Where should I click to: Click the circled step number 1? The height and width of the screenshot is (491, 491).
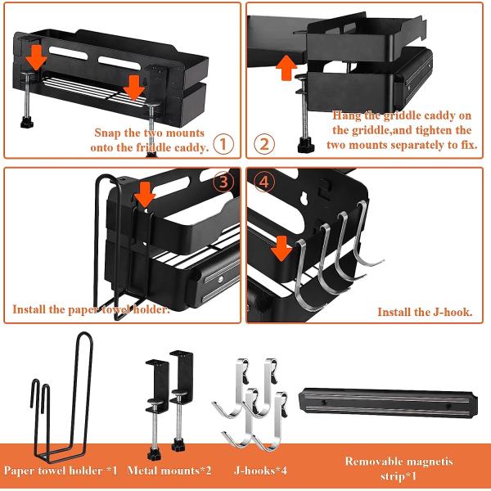[x=226, y=145]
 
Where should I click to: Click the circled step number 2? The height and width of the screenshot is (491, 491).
[x=264, y=145]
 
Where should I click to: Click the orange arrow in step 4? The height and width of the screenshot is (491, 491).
[x=282, y=246]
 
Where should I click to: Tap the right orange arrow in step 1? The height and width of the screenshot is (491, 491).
[x=133, y=85]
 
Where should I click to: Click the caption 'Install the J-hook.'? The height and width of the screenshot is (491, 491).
[x=424, y=312]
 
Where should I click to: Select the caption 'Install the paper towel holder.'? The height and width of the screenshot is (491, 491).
[x=91, y=309]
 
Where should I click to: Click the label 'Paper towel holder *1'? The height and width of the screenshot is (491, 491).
[x=61, y=471]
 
